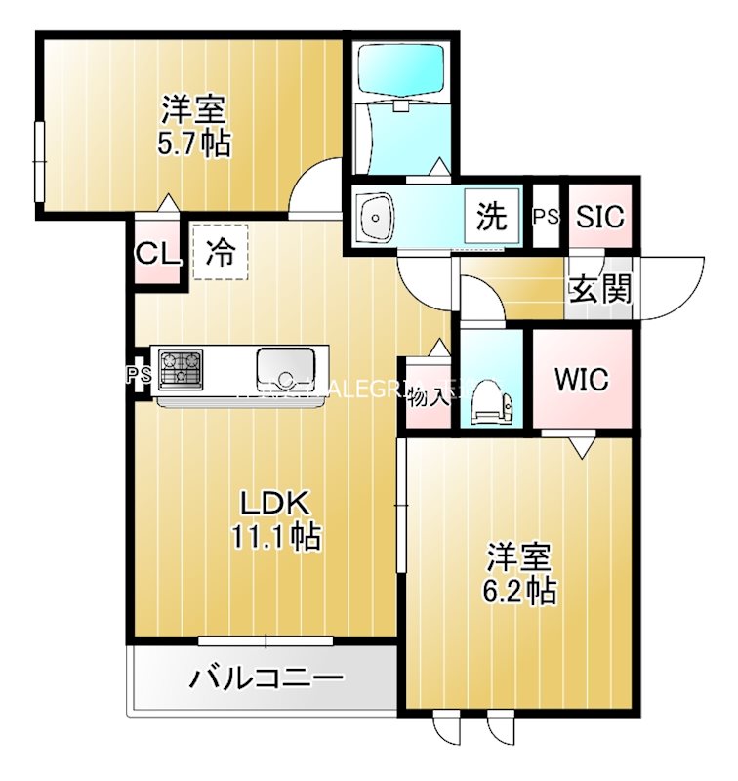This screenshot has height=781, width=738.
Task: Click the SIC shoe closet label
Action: click(599, 217)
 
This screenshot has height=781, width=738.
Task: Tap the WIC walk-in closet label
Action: click(583, 379)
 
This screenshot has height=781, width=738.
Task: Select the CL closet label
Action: click(157, 255)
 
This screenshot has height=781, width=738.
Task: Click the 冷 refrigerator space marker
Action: click(220, 254)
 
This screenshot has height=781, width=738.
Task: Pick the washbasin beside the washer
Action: click(374, 216)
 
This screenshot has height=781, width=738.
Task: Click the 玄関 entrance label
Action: click(599, 289)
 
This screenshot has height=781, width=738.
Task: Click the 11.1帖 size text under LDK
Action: click(276, 536)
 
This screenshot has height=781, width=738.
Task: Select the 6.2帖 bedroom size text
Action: click(520, 591)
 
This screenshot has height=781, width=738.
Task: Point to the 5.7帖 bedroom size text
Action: click(194, 144)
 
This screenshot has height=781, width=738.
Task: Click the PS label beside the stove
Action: click(138, 374)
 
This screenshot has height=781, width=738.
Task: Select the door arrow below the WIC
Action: click(583, 447)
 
